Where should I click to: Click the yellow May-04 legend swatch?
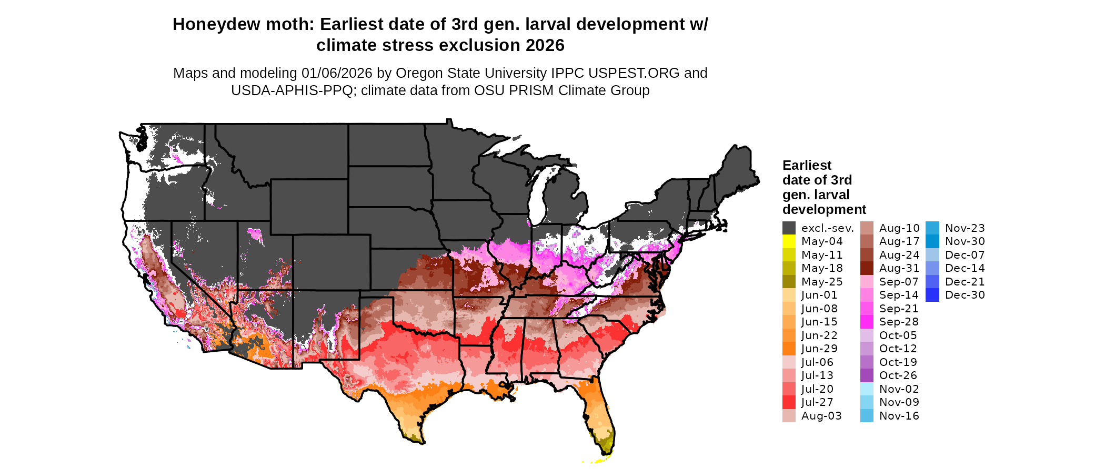point(789,241)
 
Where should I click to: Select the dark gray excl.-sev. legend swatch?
point(789,228)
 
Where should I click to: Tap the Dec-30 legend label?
point(965,295)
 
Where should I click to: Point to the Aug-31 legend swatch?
point(867,268)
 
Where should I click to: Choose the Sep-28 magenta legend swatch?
point(867,322)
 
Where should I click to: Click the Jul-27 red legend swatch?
point(789,402)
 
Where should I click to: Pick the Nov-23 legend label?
point(965,228)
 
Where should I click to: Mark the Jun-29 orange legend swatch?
point(789,349)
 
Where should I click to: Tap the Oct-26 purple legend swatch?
point(867,375)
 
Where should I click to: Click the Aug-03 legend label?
point(821,416)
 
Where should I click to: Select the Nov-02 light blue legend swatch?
point(867,389)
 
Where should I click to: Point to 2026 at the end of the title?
point(545,46)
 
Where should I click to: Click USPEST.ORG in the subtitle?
point(634,73)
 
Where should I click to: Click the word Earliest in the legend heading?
point(807,166)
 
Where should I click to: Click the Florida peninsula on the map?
point(597,415)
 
